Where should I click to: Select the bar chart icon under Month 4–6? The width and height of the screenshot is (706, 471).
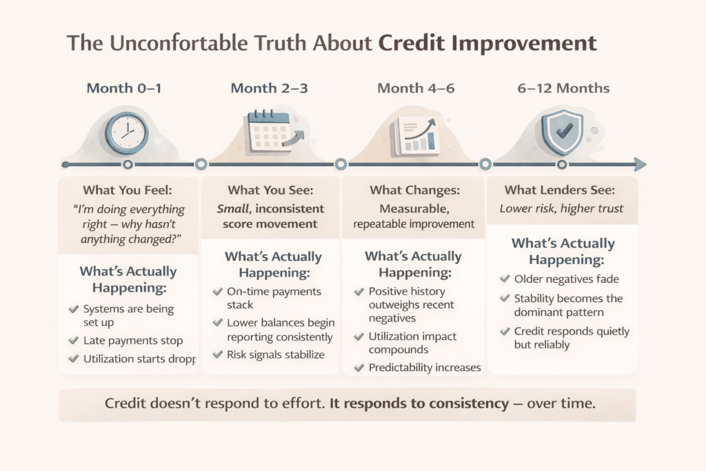415,134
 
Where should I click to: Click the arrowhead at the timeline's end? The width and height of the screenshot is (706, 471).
640,164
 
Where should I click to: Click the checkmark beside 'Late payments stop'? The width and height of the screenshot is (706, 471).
74,341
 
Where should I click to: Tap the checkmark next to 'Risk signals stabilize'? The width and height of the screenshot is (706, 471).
218,354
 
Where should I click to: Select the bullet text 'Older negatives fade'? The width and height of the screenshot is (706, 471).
567,279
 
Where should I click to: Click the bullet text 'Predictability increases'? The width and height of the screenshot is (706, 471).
425,367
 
